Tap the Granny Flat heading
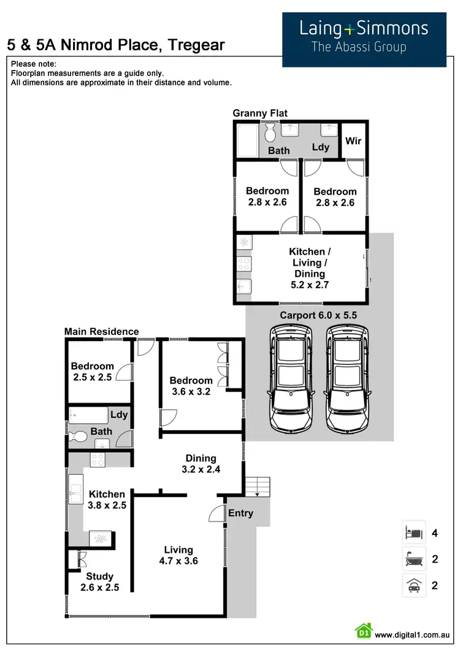point(260,113)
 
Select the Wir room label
point(353,141)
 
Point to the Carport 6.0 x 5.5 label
point(318,315)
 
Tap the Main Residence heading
point(102,332)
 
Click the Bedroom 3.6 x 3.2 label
point(191,386)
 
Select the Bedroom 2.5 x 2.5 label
point(92,372)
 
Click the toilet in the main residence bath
point(79,437)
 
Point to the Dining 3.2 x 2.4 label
point(201,463)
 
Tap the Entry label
point(240,513)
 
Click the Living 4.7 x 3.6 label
point(178,555)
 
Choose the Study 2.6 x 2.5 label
point(99,582)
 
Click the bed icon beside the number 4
point(413,532)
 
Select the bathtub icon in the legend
point(413,559)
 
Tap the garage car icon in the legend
point(413,585)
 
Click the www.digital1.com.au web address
point(413,635)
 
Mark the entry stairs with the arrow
point(257,485)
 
